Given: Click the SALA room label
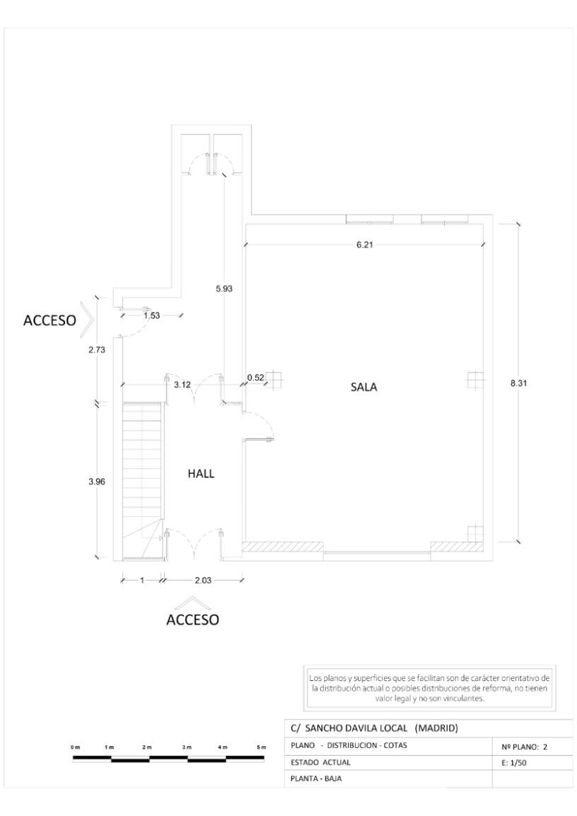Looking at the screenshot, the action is click(364, 387).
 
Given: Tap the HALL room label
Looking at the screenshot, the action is click(200, 474).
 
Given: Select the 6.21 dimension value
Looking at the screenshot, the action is click(364, 245).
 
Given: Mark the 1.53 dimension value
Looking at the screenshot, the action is click(151, 315).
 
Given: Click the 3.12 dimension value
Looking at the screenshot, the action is click(182, 384).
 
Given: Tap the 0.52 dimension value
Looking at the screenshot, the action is click(255, 378).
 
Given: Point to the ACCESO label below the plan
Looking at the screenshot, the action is click(192, 620).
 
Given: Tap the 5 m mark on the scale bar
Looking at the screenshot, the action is click(262, 748).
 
